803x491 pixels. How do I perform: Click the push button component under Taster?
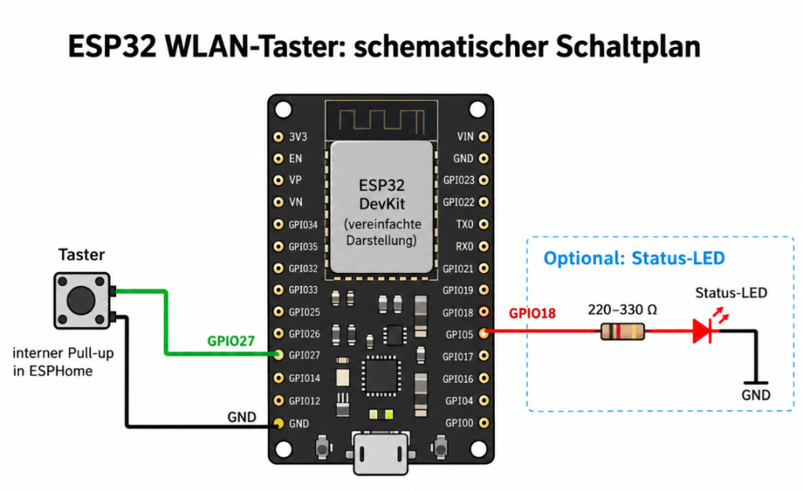click(82, 300)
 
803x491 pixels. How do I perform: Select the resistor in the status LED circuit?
click(622, 331)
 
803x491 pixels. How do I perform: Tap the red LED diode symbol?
click(703, 331)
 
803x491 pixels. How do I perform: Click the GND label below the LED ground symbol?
click(756, 395)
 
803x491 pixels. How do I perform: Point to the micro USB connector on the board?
click(380, 453)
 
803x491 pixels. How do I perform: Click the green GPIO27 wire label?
click(231, 341)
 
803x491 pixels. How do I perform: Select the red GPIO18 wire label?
click(532, 313)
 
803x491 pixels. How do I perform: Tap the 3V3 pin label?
click(298, 136)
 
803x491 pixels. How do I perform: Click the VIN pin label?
click(465, 136)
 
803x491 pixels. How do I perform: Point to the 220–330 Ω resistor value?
click(622, 309)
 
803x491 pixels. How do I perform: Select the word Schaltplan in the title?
click(628, 46)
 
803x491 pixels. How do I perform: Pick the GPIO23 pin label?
click(459, 180)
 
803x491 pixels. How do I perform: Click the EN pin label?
click(296, 158)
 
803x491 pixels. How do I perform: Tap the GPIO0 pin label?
click(460, 423)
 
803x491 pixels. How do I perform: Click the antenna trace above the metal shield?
click(382, 121)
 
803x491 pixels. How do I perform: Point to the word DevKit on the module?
click(382, 204)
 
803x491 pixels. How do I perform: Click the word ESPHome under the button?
click(60, 371)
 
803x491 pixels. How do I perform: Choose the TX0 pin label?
click(465, 224)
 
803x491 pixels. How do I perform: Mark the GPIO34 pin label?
click(303, 225)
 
